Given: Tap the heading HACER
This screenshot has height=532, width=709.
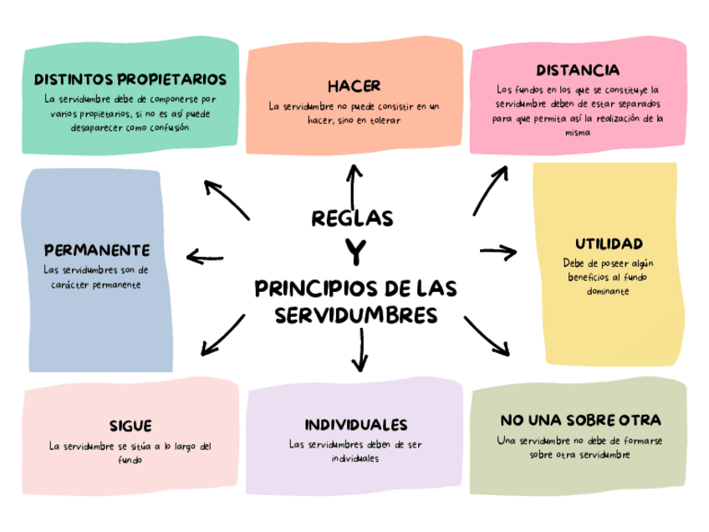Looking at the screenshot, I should coord(354,86).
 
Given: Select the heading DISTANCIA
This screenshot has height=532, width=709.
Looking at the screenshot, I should coord(577,69).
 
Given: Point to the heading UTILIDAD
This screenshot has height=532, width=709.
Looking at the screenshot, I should coord(608,243).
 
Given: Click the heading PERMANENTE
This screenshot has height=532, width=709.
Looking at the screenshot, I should coord(96,250).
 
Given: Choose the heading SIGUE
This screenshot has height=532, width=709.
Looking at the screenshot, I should coord(130,426).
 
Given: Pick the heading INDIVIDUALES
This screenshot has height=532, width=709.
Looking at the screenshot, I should coord(355,424).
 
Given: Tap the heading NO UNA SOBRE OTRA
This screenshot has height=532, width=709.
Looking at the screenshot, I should coord(580,419).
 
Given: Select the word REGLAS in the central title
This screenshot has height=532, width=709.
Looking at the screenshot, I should coord(352,218).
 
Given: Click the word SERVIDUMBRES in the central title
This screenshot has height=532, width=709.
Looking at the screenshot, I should coord(355,315).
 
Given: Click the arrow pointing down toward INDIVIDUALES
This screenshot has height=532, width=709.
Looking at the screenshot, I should coord(360,351).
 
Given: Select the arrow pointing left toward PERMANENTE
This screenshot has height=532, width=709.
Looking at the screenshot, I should coord(206,257).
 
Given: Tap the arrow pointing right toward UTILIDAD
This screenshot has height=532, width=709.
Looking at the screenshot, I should coord(499,250).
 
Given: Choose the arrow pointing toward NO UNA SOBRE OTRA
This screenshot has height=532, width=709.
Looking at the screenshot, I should coord(487,336).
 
